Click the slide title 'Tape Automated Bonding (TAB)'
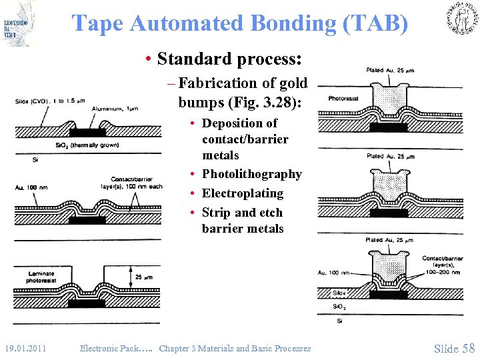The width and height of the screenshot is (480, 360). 239,23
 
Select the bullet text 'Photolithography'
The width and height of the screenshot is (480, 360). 251,174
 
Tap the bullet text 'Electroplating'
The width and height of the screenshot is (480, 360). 243,193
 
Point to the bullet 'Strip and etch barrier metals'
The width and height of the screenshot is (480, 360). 243,221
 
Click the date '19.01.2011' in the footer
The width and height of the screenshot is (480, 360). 25,348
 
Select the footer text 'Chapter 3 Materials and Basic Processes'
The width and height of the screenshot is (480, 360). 235,348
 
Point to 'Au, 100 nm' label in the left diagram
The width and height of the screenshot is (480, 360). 31,188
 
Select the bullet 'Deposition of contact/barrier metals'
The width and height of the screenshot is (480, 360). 245,139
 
